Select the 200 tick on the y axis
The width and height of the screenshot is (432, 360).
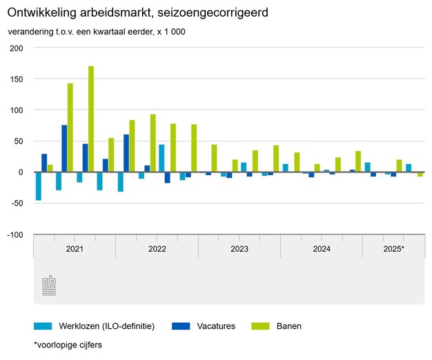click(17, 48)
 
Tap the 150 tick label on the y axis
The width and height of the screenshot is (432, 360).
click(17, 79)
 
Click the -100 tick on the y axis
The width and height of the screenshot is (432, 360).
click(15, 235)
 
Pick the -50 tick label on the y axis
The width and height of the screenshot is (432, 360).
click(17, 204)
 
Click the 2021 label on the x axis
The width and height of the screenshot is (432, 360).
click(75, 248)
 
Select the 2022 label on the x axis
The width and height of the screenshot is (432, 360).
click(157, 248)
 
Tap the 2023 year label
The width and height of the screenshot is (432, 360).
click(239, 248)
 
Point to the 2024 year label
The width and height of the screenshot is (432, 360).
click(322, 248)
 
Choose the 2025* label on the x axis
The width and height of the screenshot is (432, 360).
click(393, 248)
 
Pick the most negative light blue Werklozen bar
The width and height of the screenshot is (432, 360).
click(39, 186)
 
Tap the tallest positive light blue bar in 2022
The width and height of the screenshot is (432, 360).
click(161, 158)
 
